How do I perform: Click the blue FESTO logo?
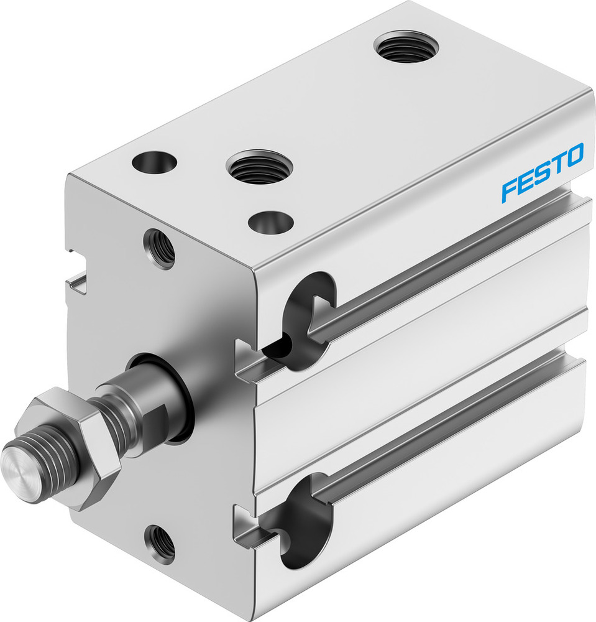542,172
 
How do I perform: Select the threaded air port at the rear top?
406,47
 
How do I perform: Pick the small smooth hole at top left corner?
154,163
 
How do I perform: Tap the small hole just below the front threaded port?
270,221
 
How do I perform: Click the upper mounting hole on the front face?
159,248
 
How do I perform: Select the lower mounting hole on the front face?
160,542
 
